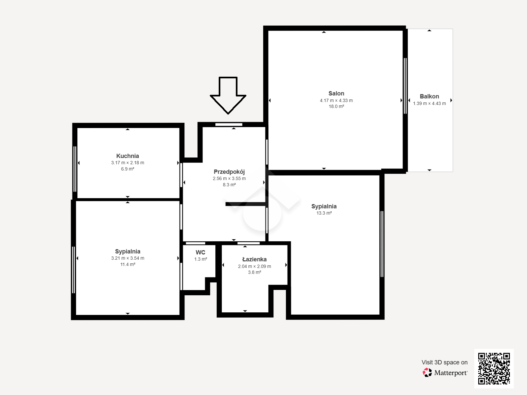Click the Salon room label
tap(336, 93)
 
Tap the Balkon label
tap(429, 96)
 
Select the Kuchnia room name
tap(127, 156)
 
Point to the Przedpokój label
tap(229, 172)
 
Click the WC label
tap(201, 252)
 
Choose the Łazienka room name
tap(255, 259)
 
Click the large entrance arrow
tap(228, 95)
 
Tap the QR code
tap(494, 369)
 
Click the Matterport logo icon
tap(427, 373)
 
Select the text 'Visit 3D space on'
tap(445, 362)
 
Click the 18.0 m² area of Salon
tap(336, 106)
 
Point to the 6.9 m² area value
tap(127, 169)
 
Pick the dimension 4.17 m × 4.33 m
tap(336, 100)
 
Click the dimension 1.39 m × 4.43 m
tap(429, 103)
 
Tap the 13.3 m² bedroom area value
tap(324, 213)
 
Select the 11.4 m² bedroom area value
tap(127, 264)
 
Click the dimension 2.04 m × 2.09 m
tap(255, 266)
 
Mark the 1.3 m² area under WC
tap(201, 259)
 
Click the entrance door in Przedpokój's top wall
tap(229, 124)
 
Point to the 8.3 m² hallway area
tap(229, 185)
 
